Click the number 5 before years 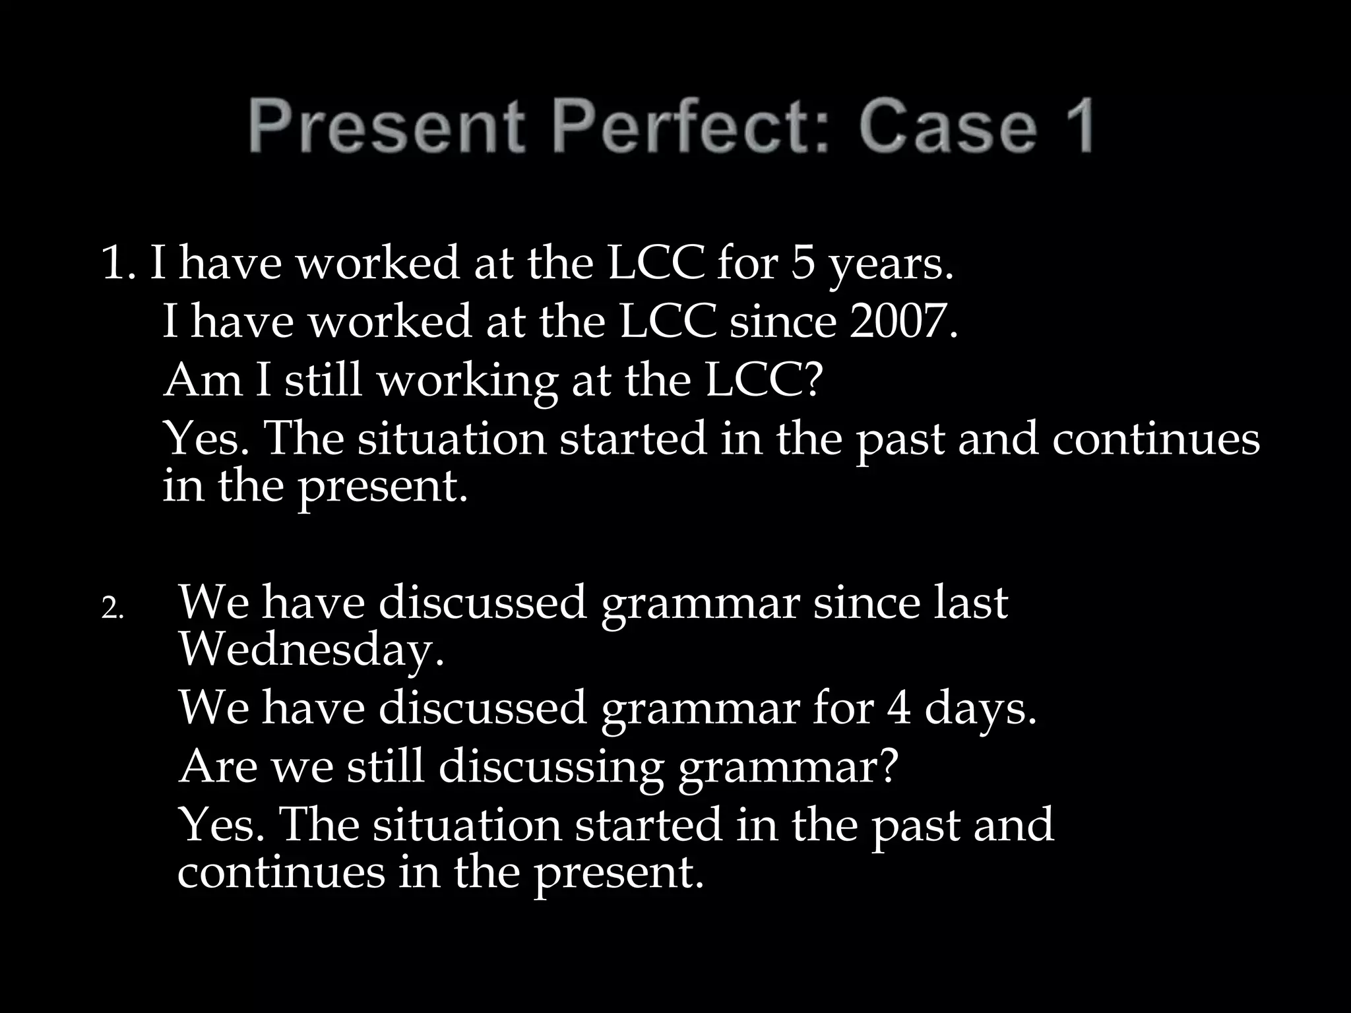click(803, 264)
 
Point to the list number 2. click(112, 609)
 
